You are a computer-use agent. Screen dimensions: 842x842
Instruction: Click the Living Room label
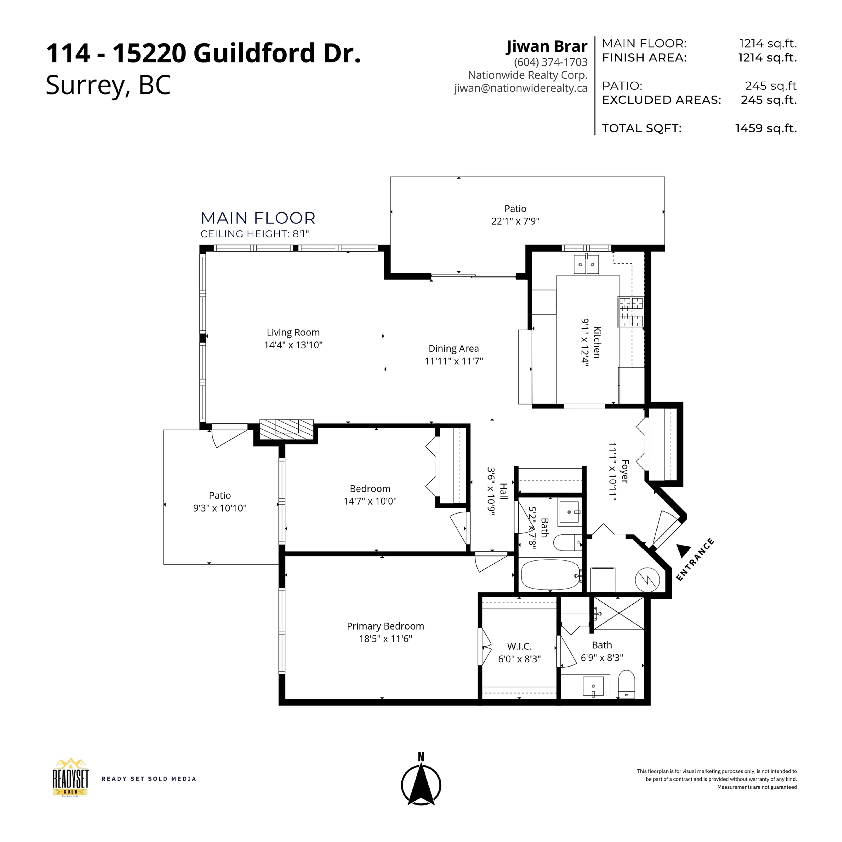(x=293, y=333)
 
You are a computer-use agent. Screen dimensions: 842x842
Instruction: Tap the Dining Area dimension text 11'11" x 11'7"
(x=454, y=361)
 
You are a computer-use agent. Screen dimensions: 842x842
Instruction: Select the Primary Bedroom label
(x=385, y=626)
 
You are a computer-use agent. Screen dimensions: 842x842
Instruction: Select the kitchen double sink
(x=586, y=264)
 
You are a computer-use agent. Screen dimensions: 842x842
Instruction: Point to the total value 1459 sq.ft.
(x=766, y=128)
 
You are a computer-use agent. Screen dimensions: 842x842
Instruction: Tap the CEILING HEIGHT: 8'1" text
(x=255, y=234)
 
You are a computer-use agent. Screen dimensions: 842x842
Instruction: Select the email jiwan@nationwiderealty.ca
(x=521, y=88)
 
